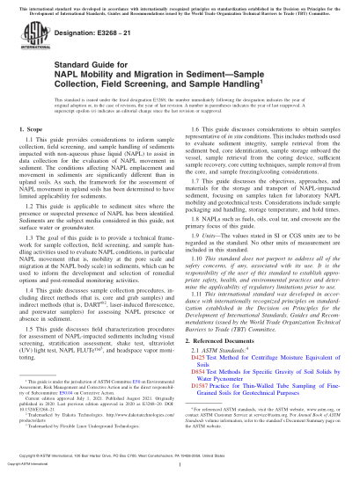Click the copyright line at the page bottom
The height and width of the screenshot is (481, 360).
(x=180, y=470)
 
